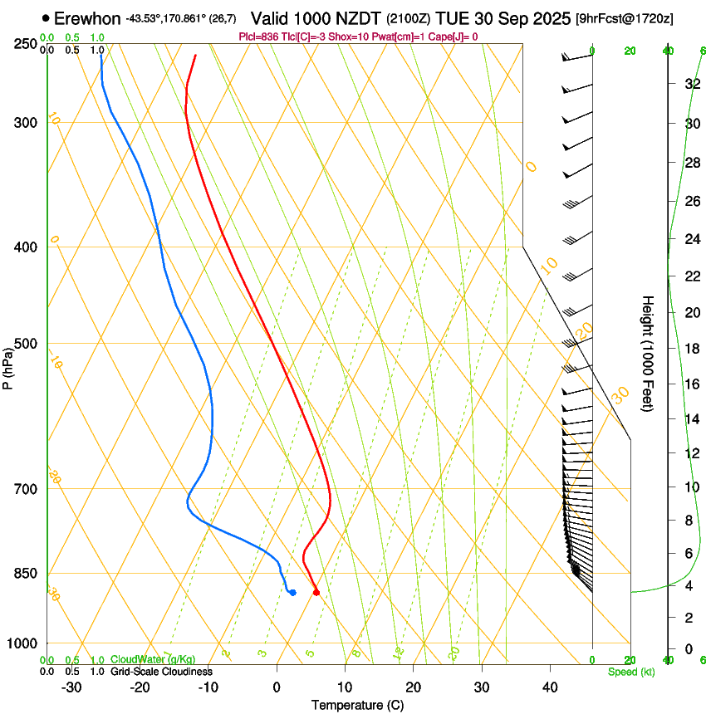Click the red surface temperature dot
[316, 592]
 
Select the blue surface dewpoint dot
[292, 592]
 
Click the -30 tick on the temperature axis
[71, 687]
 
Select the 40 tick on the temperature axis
[550, 687]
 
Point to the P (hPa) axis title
[8, 365]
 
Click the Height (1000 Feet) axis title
[647, 354]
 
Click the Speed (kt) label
[630, 672]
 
